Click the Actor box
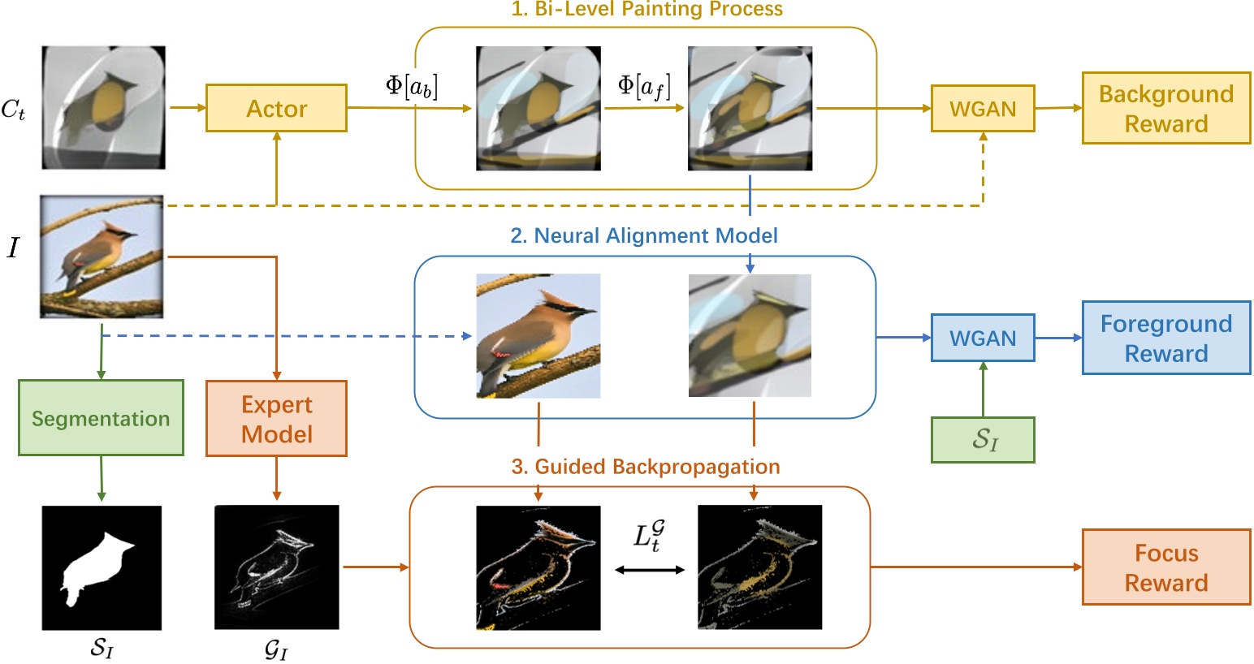(x=276, y=108)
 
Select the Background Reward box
(x=1165, y=108)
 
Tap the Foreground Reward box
(x=1165, y=338)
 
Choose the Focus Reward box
(x=1165, y=567)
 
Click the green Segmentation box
(x=101, y=418)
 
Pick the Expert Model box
(x=276, y=418)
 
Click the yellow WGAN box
(x=982, y=108)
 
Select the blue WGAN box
(x=982, y=338)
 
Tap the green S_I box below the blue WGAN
(x=983, y=440)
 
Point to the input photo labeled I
(x=102, y=257)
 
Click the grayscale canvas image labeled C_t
(x=103, y=107)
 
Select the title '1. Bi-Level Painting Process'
(x=646, y=10)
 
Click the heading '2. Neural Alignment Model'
(x=643, y=235)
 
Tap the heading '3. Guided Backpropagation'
(x=645, y=467)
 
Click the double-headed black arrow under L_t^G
(x=650, y=570)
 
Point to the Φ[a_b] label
(x=411, y=86)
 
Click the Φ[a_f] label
(x=644, y=86)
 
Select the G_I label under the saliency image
(x=276, y=649)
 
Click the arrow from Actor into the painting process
(x=409, y=108)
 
